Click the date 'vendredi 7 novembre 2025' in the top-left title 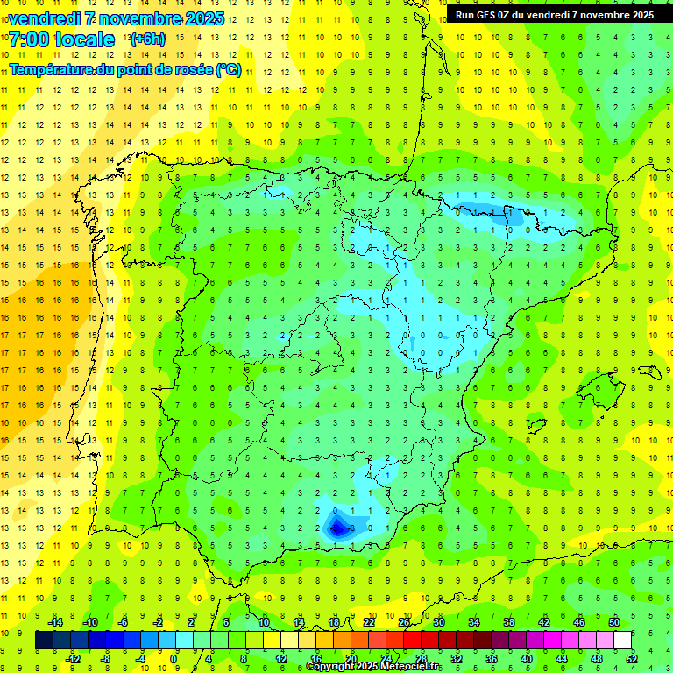click(117, 18)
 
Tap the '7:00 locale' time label click(61, 39)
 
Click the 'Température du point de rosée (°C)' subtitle click(124, 70)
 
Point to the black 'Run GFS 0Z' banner click(554, 15)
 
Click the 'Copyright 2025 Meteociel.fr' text click(373, 667)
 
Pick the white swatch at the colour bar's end click(623, 641)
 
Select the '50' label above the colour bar click(613, 622)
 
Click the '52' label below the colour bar click(632, 659)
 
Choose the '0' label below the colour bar click(174, 659)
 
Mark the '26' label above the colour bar click(404, 622)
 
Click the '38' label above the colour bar click(509, 622)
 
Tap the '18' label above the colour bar click(334, 622)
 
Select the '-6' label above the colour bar click(124, 622)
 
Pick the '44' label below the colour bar click(562, 659)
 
